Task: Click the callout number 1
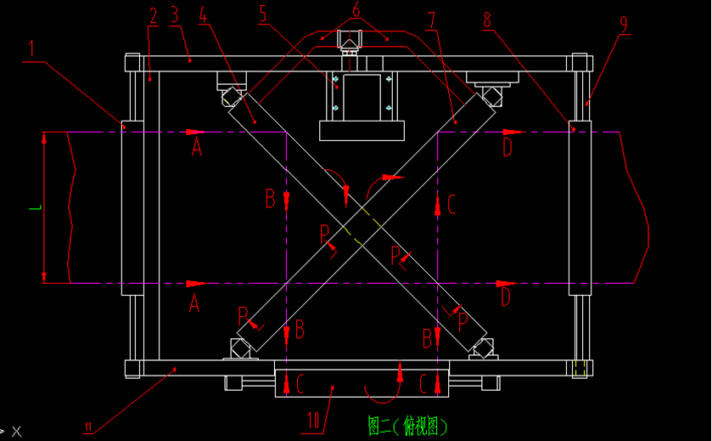click(31, 49)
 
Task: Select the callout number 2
click(153, 15)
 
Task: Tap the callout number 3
click(173, 14)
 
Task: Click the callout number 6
click(356, 10)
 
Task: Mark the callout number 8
click(487, 19)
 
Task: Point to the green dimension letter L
click(32, 206)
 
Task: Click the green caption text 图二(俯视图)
click(407, 424)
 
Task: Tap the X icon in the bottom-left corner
click(15, 432)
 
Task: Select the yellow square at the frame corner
click(580, 368)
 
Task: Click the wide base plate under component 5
click(361, 131)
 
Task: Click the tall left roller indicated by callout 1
click(132, 208)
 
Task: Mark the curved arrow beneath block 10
click(381, 395)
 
